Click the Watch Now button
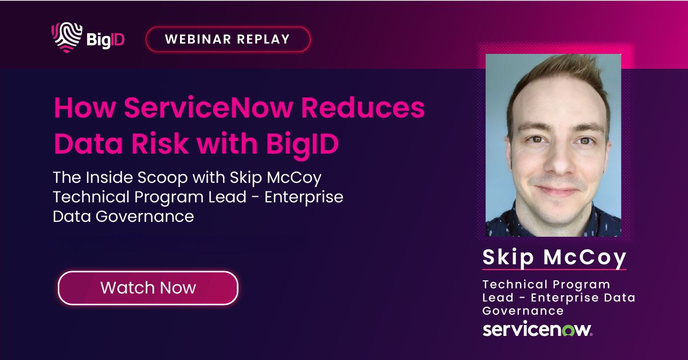pyautogui.click(x=148, y=288)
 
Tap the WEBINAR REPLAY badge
pyautogui.click(x=228, y=40)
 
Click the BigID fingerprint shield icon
pyautogui.click(x=66, y=37)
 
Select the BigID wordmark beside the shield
pyautogui.click(x=105, y=40)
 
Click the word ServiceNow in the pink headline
pyautogui.click(x=207, y=109)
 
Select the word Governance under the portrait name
pyautogui.click(x=523, y=311)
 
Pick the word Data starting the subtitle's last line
pyautogui.click(x=71, y=216)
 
